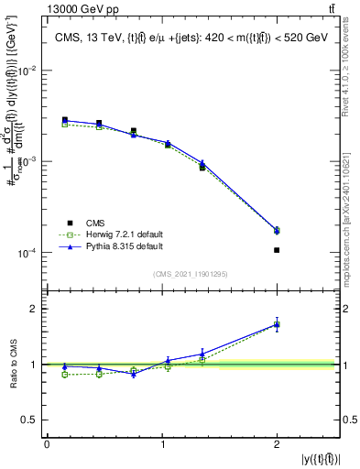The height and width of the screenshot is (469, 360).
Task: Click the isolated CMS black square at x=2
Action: click(x=277, y=250)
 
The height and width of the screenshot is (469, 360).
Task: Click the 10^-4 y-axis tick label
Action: click(x=29, y=253)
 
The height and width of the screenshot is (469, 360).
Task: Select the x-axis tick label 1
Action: click(x=162, y=444)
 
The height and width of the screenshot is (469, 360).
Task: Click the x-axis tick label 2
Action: click(x=277, y=444)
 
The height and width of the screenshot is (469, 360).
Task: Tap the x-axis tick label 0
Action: click(x=47, y=444)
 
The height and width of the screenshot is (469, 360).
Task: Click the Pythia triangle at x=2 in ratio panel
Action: click(x=277, y=324)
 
